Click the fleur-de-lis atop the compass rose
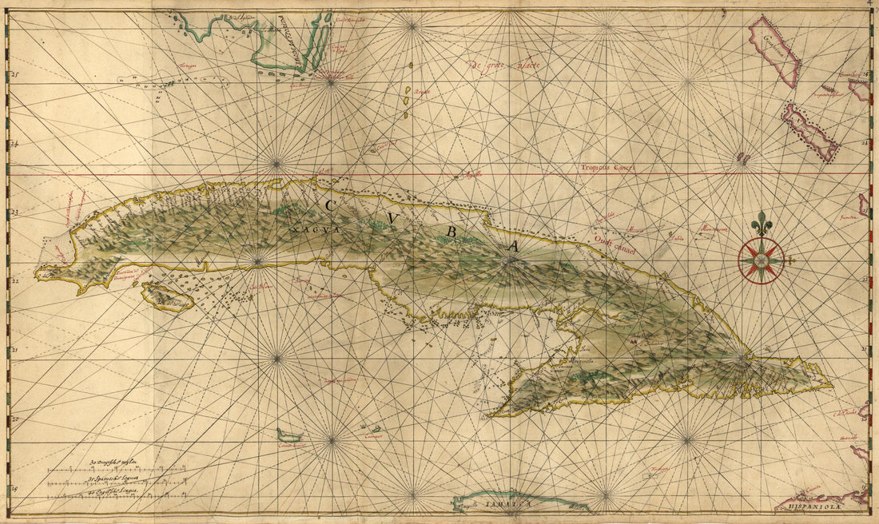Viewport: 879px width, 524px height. pyautogui.click(x=762, y=225)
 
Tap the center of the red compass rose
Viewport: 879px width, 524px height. pyautogui.click(x=761, y=260)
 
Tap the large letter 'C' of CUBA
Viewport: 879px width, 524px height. pyautogui.click(x=328, y=205)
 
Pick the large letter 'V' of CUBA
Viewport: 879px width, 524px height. pyautogui.click(x=392, y=218)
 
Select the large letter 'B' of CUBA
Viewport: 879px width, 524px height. pyautogui.click(x=451, y=232)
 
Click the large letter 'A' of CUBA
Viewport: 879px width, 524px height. pyautogui.click(x=513, y=247)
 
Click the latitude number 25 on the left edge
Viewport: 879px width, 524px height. pyautogui.click(x=14, y=76)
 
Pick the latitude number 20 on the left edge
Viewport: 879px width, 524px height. pyautogui.click(x=14, y=418)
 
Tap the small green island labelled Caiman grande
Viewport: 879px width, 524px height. pyautogui.click(x=289, y=437)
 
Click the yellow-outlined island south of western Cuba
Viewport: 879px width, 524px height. pyautogui.click(x=167, y=296)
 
